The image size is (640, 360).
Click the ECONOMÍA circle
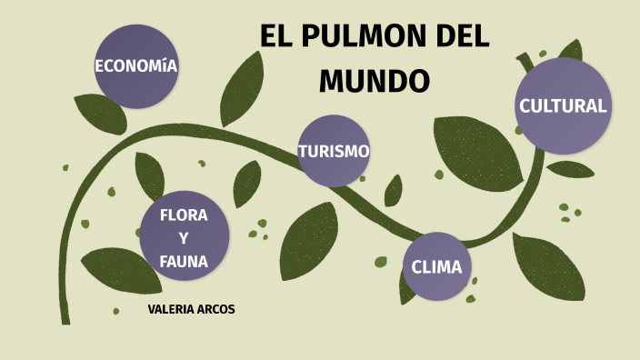point(136,65)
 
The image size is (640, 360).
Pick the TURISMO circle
point(334,151)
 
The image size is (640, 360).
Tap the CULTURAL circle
point(562,105)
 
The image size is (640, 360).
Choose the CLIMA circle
point(436,267)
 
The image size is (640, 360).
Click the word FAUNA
point(184,262)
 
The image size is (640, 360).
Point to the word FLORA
point(184,215)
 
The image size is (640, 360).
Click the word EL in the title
point(275,37)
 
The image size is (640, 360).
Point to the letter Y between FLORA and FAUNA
point(184,238)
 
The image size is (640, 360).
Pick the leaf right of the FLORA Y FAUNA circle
point(246,184)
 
